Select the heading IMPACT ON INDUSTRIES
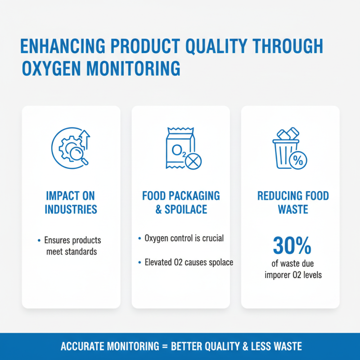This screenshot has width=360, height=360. pyautogui.click(x=71, y=203)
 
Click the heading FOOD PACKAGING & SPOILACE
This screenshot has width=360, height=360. pyautogui.click(x=181, y=203)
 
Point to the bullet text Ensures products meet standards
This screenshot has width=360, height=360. pyautogui.click(x=73, y=246)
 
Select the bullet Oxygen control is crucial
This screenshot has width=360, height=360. pyautogui.click(x=184, y=238)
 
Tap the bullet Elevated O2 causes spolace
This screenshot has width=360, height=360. pyautogui.click(x=188, y=262)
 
